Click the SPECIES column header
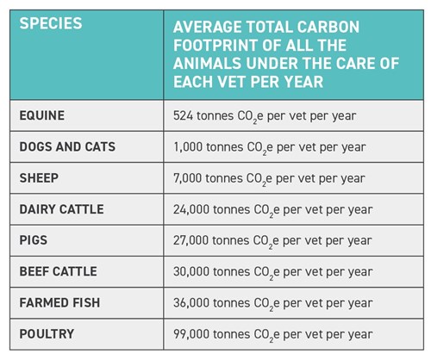click(x=51, y=23)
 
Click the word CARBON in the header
click(x=328, y=27)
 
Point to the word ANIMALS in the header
click(x=207, y=64)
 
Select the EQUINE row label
click(x=42, y=115)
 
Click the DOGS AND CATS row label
click(x=67, y=146)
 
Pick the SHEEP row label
click(x=39, y=178)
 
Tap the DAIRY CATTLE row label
click(x=61, y=209)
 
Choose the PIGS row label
click(x=33, y=240)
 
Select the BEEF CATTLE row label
click(x=58, y=271)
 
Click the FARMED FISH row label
click(x=59, y=303)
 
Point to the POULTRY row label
click(x=47, y=334)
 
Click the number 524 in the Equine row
click(x=183, y=115)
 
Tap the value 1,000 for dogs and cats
click(x=188, y=147)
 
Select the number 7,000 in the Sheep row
click(x=187, y=178)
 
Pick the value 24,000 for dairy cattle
click(x=191, y=209)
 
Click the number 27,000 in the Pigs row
click(x=191, y=240)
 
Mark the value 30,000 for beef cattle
click(x=191, y=272)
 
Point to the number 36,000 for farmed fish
click(x=191, y=303)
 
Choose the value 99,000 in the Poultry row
click(x=191, y=334)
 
